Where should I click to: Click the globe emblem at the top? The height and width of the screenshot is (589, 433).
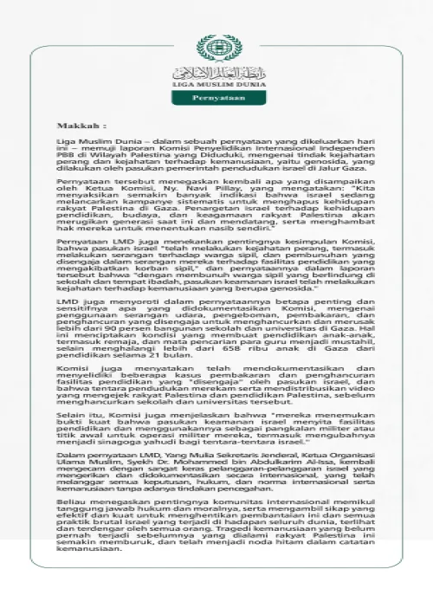pyautogui.click(x=216, y=49)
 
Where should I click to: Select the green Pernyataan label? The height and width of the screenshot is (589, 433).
pyautogui.click(x=216, y=99)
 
